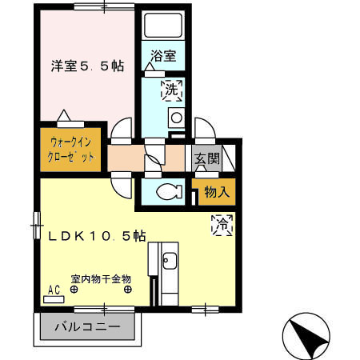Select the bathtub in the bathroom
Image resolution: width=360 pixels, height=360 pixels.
(163, 26)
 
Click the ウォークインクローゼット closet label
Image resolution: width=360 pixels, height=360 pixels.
(71, 150)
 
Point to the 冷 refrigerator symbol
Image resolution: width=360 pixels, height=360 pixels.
(222, 225)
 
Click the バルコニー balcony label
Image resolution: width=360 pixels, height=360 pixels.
(87, 327)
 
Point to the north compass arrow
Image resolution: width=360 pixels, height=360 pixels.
(307, 336)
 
